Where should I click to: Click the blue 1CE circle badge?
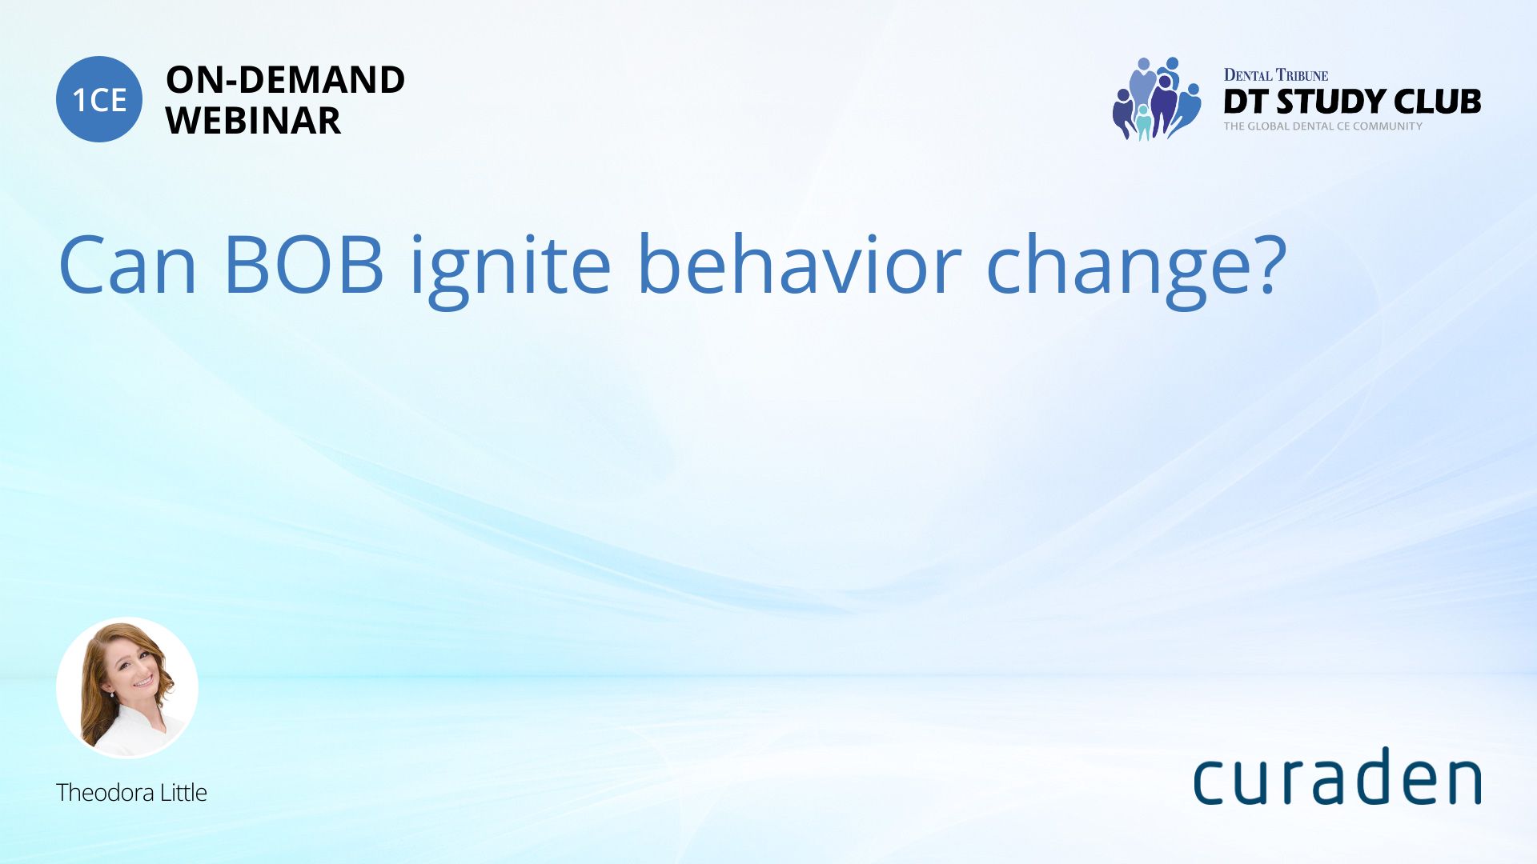[x=99, y=99]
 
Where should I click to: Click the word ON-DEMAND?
[x=285, y=79]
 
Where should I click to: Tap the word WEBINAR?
[x=253, y=121]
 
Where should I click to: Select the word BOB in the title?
[x=303, y=264]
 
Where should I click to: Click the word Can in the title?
[x=127, y=264]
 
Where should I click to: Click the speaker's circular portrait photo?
[x=127, y=688]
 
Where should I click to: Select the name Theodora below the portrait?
[x=105, y=792]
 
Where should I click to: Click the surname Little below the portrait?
[x=183, y=792]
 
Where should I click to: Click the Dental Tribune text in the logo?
[x=1275, y=75]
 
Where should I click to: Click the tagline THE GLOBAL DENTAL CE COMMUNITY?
[x=1322, y=126]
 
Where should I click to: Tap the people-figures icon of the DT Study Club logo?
[x=1157, y=98]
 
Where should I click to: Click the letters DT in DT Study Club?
[x=1246, y=102]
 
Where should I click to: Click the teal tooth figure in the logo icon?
[x=1144, y=122]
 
